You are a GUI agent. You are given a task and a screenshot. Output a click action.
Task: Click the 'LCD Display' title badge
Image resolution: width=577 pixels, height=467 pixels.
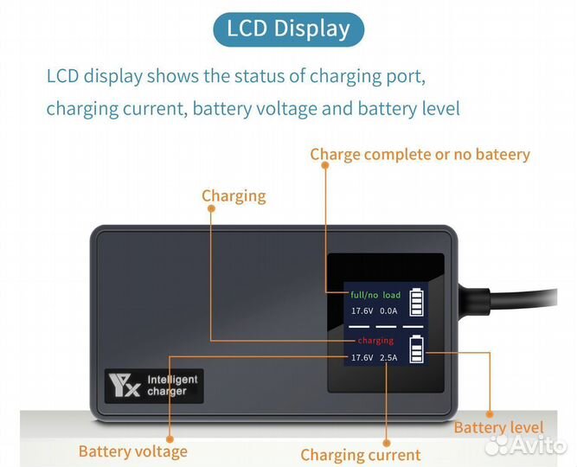pyautogui.click(x=288, y=29)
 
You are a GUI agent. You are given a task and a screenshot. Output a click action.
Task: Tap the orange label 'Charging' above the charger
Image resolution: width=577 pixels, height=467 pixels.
pyautogui.click(x=234, y=195)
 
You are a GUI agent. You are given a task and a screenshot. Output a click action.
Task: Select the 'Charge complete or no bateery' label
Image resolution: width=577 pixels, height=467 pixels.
pyautogui.click(x=420, y=154)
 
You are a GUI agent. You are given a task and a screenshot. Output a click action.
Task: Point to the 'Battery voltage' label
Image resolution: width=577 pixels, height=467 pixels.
pyautogui.click(x=132, y=451)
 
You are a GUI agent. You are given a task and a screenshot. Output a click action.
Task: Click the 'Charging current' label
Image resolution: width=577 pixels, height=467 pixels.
pyautogui.click(x=360, y=454)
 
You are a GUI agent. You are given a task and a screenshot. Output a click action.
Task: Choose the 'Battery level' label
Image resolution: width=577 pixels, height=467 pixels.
pyautogui.click(x=498, y=427)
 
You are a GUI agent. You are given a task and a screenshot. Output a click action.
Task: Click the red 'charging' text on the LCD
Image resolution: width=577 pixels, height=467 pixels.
pyautogui.click(x=375, y=341)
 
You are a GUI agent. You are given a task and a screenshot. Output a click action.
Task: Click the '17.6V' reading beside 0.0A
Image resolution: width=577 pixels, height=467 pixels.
pyautogui.click(x=361, y=310)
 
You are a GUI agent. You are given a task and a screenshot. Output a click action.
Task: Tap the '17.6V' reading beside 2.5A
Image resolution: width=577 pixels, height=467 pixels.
pyautogui.click(x=361, y=357)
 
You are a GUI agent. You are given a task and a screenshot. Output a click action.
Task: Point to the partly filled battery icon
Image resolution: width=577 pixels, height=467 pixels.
pyautogui.click(x=416, y=349)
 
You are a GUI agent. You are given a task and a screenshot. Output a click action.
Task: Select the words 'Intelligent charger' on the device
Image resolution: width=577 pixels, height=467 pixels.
pyautogui.click(x=172, y=385)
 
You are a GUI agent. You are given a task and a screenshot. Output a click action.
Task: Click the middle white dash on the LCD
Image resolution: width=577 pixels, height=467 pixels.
pyautogui.click(x=386, y=326)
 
